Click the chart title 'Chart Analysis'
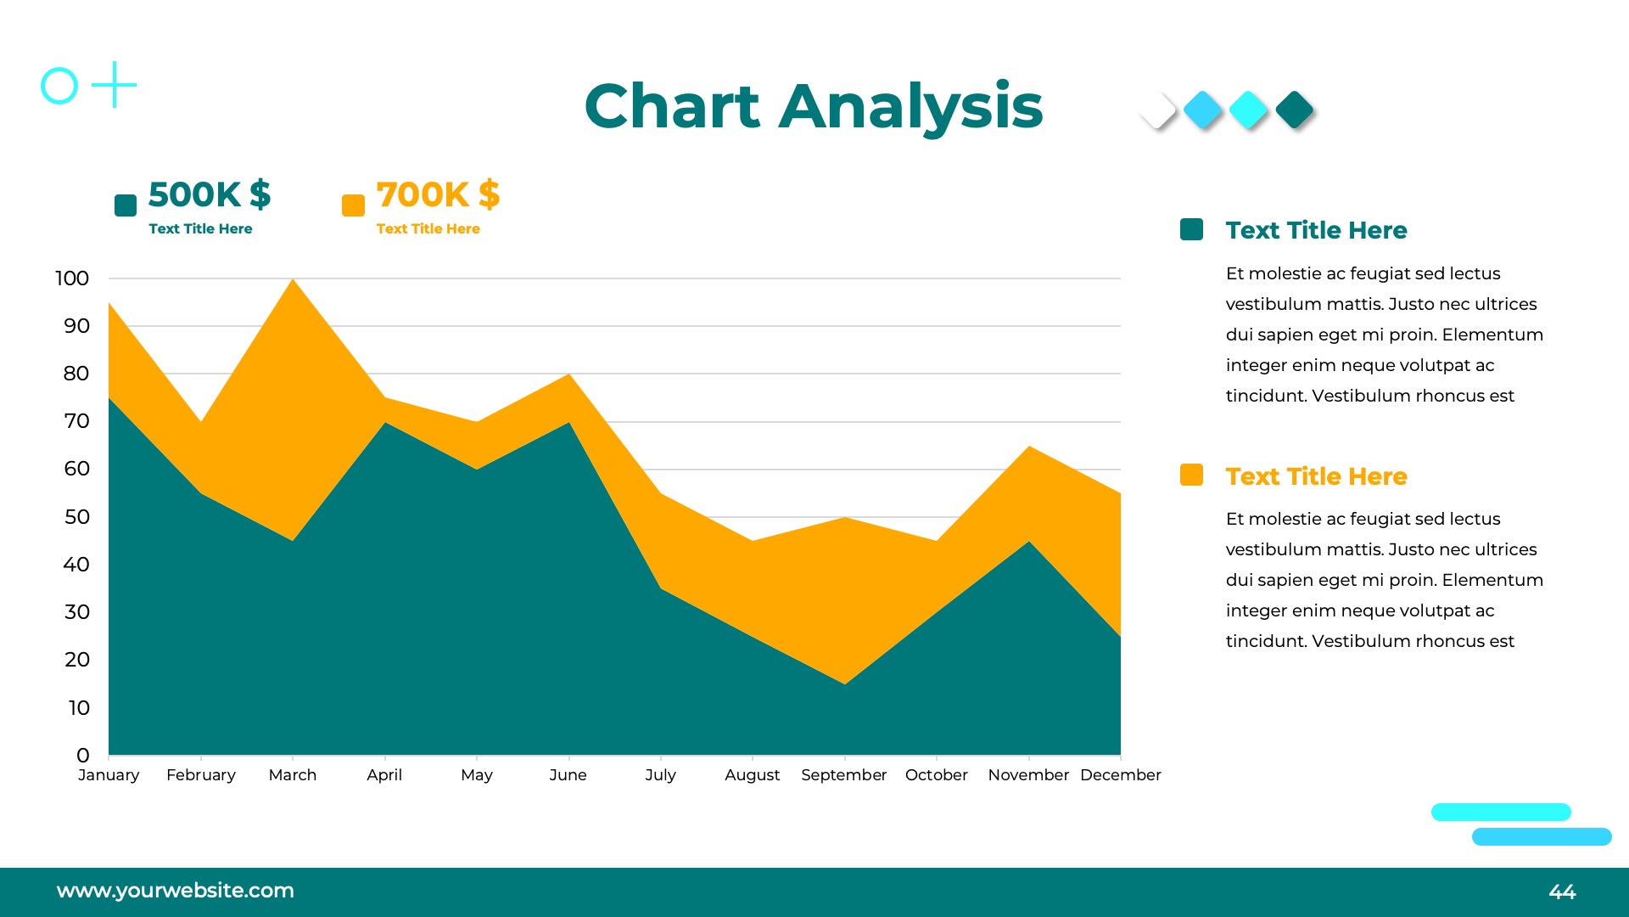tap(813, 107)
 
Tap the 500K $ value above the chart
tap(210, 194)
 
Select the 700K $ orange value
tap(438, 194)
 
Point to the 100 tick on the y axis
tap(72, 278)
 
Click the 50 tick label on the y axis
tap(76, 517)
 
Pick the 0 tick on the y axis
tap(82, 756)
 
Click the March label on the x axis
tap(293, 775)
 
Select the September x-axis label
tap(843, 775)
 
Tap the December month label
tap(1120, 775)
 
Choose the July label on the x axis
tap(660, 775)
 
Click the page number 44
tap(1562, 892)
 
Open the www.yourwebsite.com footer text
tap(176, 891)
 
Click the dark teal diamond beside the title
tap(1294, 110)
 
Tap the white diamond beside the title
tap(1157, 110)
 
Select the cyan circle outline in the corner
tap(59, 86)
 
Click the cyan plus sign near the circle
tap(114, 85)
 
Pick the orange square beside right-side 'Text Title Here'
tap(1191, 475)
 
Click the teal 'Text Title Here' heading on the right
tap(1316, 230)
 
